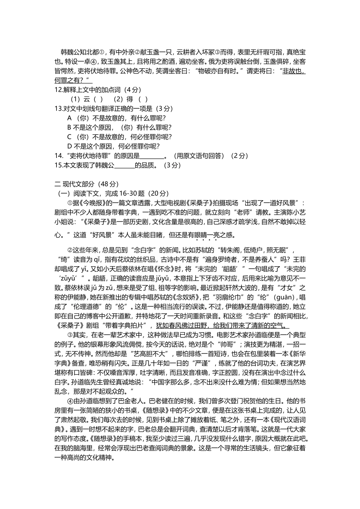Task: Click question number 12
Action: [x=58, y=90]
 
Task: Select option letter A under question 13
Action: [x=69, y=118]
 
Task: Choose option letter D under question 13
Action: [x=69, y=146]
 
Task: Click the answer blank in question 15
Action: [x=124, y=165]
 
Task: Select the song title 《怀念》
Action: [x=183, y=269]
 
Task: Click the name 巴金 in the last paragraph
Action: [x=124, y=401]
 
